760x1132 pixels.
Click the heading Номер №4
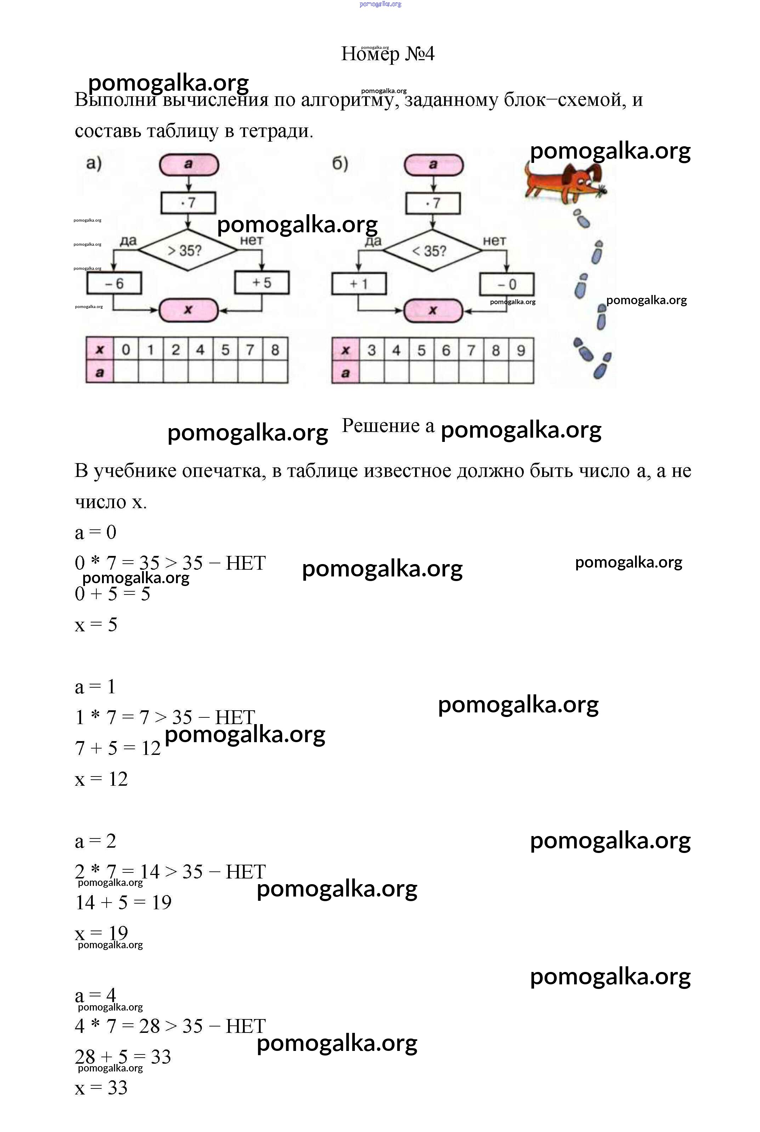(x=388, y=54)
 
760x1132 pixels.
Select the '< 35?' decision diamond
(x=432, y=251)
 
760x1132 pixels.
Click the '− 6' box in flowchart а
(x=114, y=283)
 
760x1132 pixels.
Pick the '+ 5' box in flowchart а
(x=262, y=283)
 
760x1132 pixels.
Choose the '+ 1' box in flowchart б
(x=359, y=284)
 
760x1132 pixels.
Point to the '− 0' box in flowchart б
(x=507, y=284)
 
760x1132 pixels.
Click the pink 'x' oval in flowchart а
(x=188, y=310)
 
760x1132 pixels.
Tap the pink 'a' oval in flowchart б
(x=433, y=165)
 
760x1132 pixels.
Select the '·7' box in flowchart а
(x=188, y=203)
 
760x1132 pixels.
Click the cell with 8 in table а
(x=275, y=349)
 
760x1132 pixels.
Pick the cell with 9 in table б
(x=521, y=350)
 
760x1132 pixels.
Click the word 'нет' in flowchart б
(x=494, y=240)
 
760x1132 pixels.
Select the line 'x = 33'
(x=101, y=1087)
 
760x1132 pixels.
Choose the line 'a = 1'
(x=96, y=687)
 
